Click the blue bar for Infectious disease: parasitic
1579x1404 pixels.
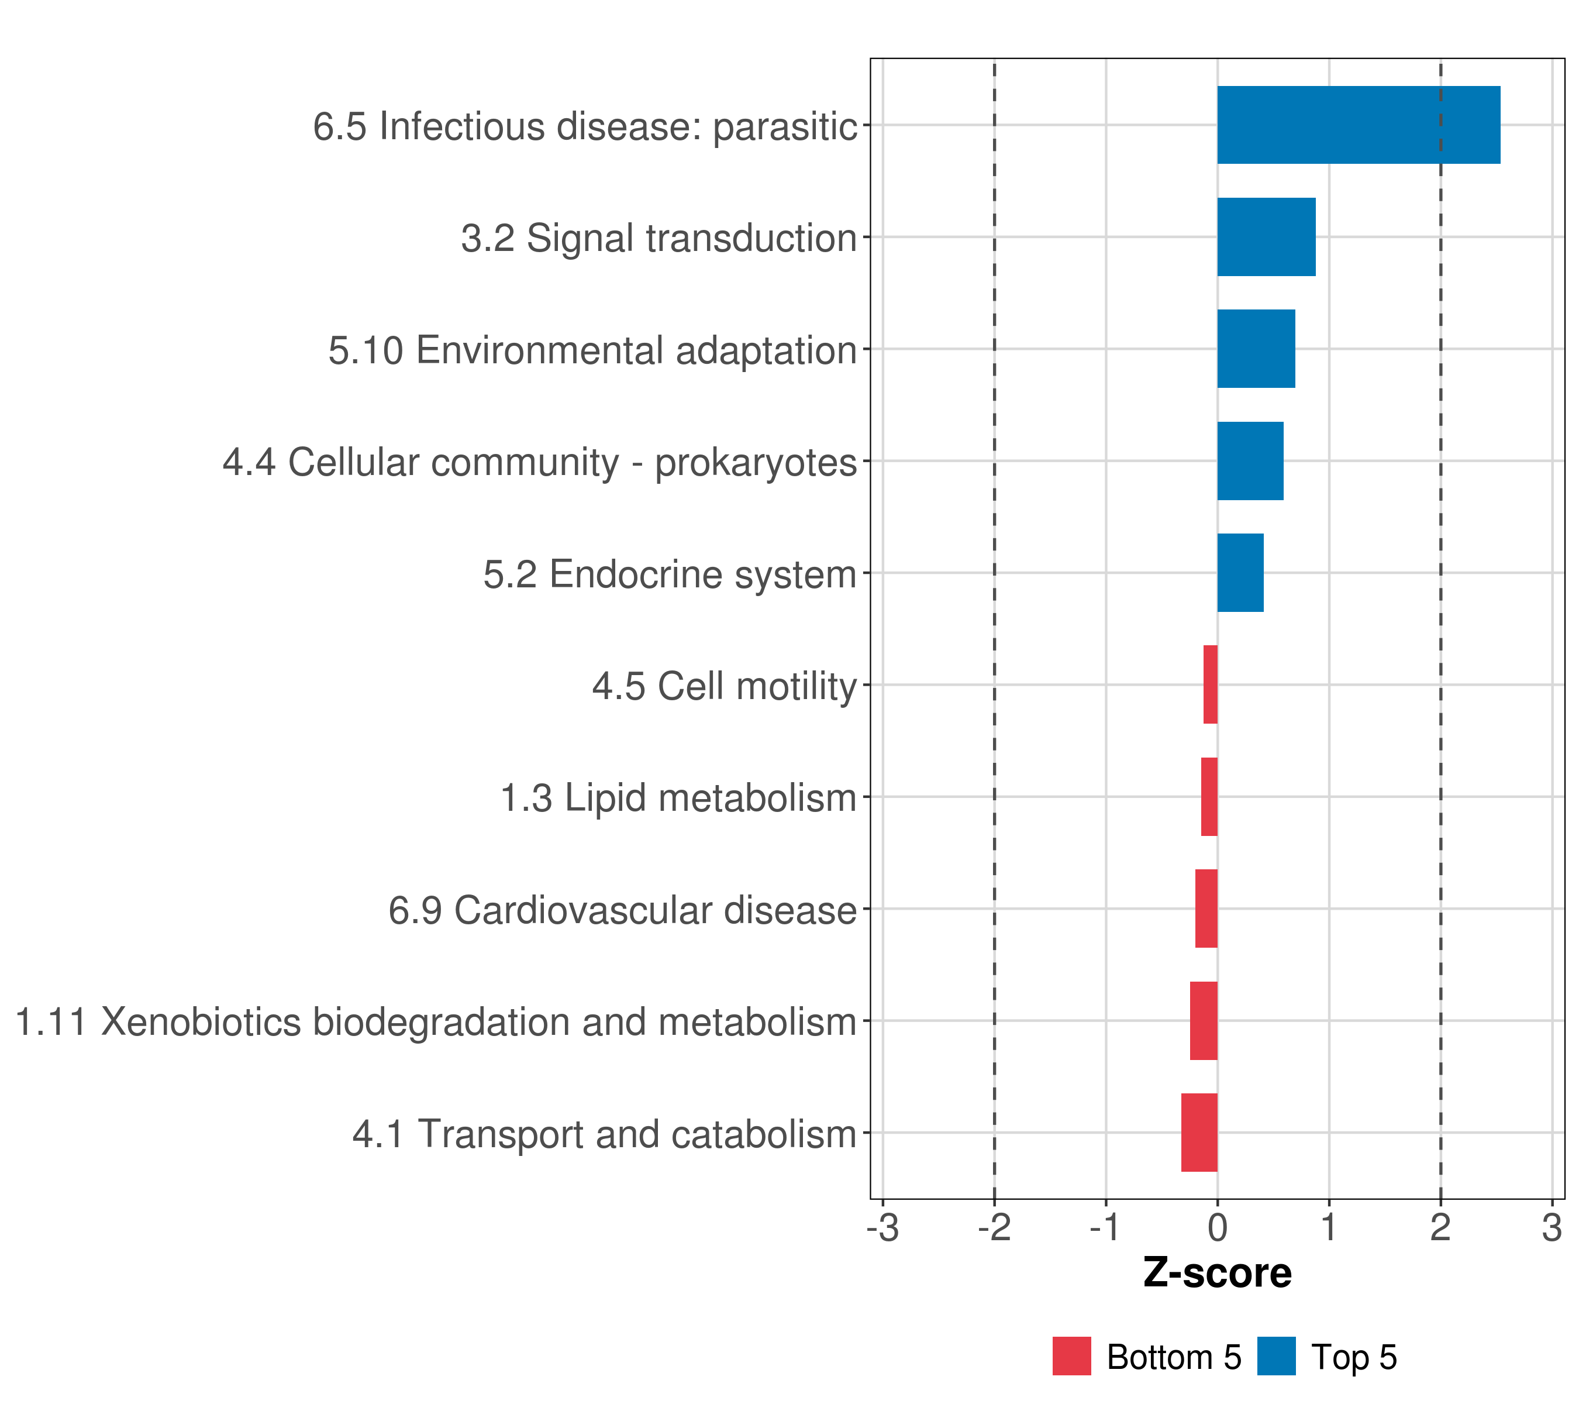click(1358, 125)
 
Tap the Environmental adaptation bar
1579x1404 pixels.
click(1256, 349)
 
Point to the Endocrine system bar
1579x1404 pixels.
click(1240, 573)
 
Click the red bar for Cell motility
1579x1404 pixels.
click(1210, 684)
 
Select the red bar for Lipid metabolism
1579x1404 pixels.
click(1209, 797)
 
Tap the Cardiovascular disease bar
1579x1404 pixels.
click(1206, 909)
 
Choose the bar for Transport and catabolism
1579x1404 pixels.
click(1199, 1133)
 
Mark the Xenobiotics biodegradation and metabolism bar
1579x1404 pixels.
click(1203, 1021)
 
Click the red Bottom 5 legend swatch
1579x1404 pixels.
click(1071, 1356)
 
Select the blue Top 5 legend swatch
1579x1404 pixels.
click(1276, 1356)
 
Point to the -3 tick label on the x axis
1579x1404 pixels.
click(882, 1228)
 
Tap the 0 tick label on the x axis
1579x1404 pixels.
click(1218, 1228)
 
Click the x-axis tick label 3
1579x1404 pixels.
click(1552, 1228)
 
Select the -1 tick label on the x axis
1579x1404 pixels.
click(1105, 1228)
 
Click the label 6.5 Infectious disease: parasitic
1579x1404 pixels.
click(585, 126)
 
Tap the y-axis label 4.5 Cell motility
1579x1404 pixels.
click(725, 686)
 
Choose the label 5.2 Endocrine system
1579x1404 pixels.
click(670, 574)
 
